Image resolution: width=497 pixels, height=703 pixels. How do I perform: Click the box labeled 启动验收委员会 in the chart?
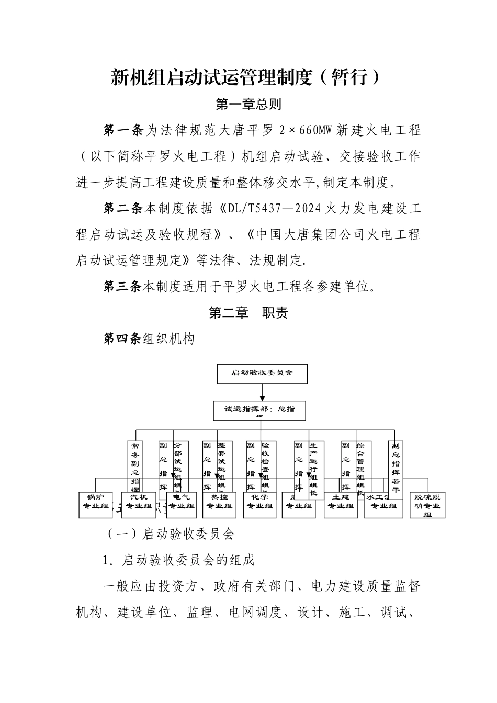(x=262, y=373)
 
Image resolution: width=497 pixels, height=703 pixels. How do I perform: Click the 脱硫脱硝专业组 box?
(x=427, y=505)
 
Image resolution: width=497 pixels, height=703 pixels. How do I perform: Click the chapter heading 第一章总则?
(x=249, y=104)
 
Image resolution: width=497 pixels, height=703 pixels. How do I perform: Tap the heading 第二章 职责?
(x=249, y=313)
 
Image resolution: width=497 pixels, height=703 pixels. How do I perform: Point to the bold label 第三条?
(x=123, y=287)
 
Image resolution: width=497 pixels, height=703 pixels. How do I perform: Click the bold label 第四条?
(x=123, y=339)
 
